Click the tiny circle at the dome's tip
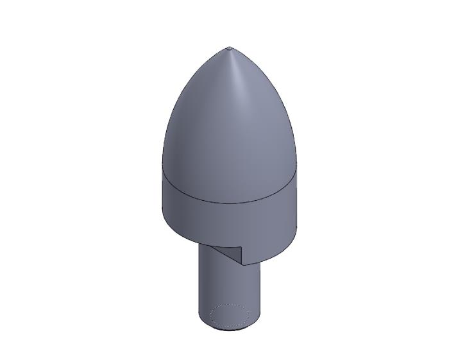tap(230, 48)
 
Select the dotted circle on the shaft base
tap(230, 315)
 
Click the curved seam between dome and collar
tap(230, 203)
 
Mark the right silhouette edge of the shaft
tap(260, 289)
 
